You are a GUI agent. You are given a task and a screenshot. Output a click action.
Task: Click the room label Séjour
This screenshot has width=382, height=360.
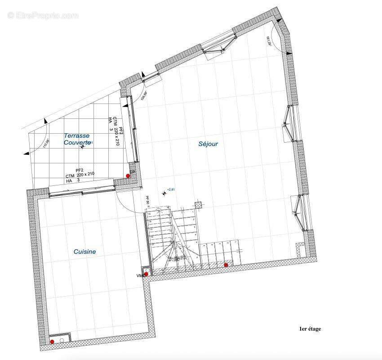tap(208, 144)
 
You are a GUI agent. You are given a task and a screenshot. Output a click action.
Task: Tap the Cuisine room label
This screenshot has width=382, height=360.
tap(84, 252)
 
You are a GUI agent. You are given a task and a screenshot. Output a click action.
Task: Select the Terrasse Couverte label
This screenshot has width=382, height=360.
tap(76, 139)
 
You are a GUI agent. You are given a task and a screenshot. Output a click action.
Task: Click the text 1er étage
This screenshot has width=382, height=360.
tap(310, 329)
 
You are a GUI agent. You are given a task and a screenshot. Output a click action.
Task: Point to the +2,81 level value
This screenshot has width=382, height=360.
tap(171, 190)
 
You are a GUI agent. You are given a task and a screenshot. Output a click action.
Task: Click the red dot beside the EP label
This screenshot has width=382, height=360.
tap(128, 176)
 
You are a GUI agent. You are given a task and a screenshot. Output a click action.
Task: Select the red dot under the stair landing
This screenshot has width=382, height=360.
tap(226, 265)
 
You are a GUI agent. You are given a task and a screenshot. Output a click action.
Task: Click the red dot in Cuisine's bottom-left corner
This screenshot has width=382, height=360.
tap(52, 342)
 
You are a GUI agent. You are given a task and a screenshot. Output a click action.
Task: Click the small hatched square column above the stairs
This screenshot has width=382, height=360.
tap(198, 205)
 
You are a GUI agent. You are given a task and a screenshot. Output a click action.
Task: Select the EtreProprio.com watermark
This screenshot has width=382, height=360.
tap(43, 15)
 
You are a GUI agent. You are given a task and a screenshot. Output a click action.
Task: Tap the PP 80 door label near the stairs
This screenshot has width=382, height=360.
tap(147, 200)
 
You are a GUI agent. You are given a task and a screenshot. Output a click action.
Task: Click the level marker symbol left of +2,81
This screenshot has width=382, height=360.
tap(164, 193)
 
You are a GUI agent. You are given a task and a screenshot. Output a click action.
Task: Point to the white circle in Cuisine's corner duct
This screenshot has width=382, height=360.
tap(62, 341)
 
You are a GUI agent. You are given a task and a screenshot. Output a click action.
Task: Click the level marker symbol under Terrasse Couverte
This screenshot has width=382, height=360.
tap(82, 146)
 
